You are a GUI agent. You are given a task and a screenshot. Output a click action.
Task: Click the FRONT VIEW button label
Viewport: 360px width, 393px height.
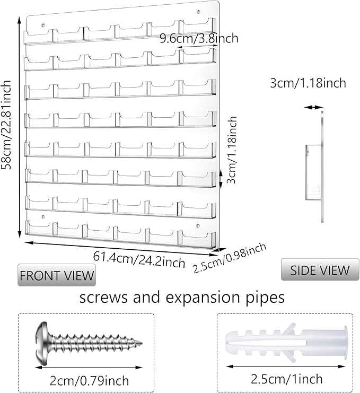coord(57,275)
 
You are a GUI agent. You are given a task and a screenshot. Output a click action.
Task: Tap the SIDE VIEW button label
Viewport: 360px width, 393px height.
coord(320,270)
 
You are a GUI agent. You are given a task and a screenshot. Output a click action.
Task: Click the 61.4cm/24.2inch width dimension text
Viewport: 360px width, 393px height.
coord(139,258)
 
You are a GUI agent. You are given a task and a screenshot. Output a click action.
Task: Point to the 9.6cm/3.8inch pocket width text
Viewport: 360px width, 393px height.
coord(199,38)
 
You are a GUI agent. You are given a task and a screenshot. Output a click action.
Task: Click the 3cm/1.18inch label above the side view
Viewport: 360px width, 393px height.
coord(308,83)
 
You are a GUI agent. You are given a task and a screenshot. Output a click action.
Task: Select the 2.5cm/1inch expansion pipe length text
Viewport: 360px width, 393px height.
coord(287,379)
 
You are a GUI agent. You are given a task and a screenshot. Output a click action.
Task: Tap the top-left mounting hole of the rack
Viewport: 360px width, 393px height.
coord(42,24)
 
